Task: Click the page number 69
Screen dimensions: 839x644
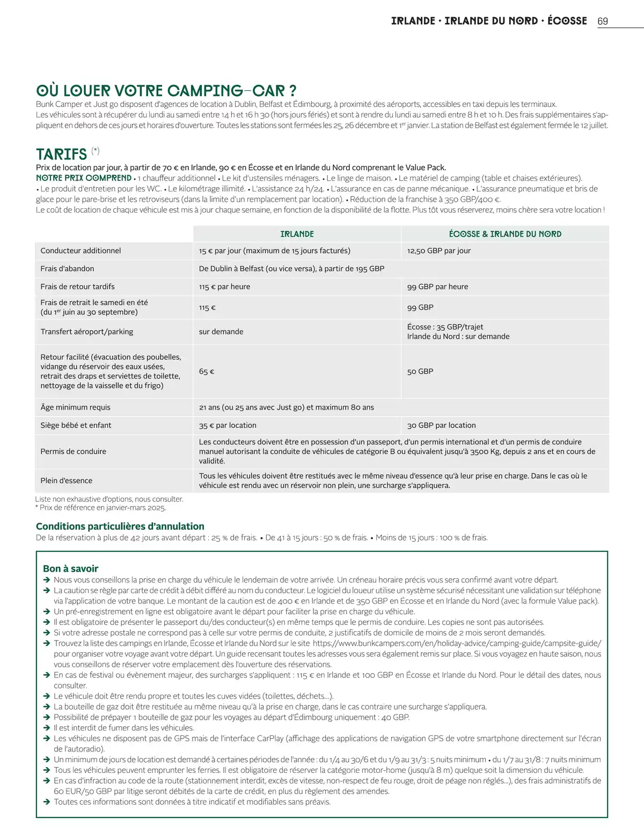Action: pyautogui.click(x=603, y=21)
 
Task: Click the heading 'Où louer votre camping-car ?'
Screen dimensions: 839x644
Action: pyautogui.click(x=166, y=90)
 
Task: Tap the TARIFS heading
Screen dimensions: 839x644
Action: pyautogui.click(x=61, y=154)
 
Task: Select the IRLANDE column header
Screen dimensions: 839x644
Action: pyautogui.click(x=297, y=234)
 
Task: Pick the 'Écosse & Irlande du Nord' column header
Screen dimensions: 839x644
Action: pyautogui.click(x=505, y=234)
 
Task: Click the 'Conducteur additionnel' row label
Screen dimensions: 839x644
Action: pyautogui.click(x=80, y=251)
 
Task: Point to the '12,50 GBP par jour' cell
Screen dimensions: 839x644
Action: pyautogui.click(x=438, y=251)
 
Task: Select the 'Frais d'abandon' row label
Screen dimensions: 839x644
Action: pyautogui.click(x=67, y=268)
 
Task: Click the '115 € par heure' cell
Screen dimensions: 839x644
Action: pyautogui.click(x=224, y=287)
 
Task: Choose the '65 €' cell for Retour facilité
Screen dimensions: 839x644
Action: pyautogui.click(x=207, y=371)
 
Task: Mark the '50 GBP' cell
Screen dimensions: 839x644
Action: pyautogui.click(x=420, y=371)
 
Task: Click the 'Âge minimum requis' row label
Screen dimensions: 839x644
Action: pyautogui.click(x=75, y=407)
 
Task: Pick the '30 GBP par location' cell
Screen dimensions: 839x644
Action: pyautogui.click(x=441, y=425)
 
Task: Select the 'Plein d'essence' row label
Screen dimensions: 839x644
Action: pyautogui.click(x=66, y=480)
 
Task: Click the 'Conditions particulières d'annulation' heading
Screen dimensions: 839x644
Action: pyautogui.click(x=120, y=527)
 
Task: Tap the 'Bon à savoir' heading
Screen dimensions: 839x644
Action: pyautogui.click(x=70, y=568)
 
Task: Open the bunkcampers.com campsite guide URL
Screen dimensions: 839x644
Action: pyautogui.click(x=457, y=643)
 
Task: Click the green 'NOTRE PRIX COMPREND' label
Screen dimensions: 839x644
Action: pyautogui.click(x=84, y=178)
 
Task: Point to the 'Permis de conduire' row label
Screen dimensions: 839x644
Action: pyautogui.click(x=73, y=451)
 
